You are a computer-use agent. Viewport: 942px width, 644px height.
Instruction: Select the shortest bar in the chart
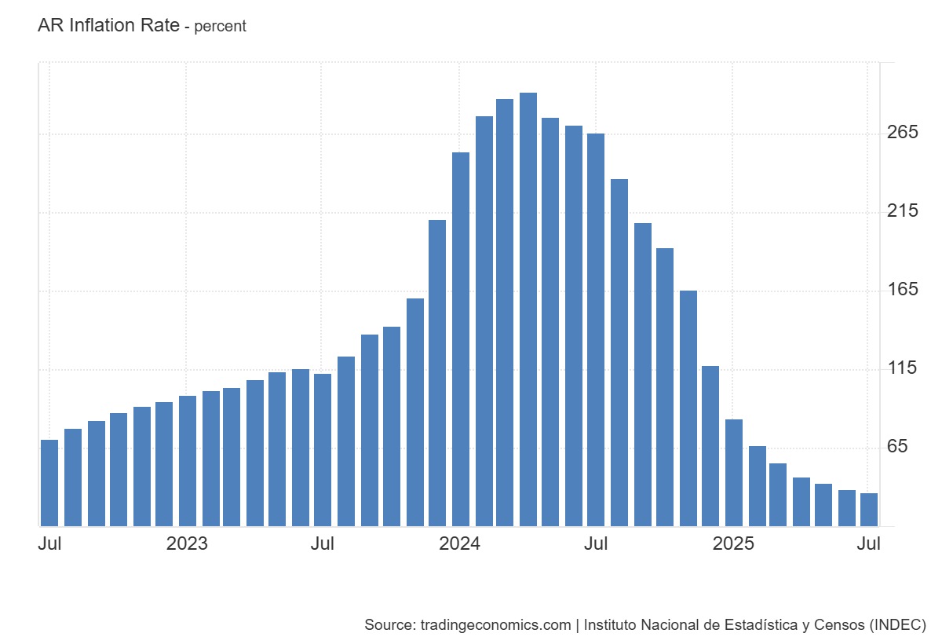click(869, 510)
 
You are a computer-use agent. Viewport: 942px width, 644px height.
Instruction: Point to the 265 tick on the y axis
click(902, 133)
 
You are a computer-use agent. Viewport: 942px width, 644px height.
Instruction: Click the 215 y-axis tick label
click(902, 211)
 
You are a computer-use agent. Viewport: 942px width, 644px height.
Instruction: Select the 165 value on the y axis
click(902, 290)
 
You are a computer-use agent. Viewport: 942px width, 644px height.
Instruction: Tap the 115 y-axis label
click(902, 368)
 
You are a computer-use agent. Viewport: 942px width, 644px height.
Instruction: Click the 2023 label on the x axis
click(187, 543)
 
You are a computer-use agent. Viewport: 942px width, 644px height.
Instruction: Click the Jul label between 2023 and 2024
click(323, 543)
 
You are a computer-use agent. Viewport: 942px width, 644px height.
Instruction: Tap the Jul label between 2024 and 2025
click(596, 543)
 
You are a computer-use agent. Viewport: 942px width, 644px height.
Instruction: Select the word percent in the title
click(221, 27)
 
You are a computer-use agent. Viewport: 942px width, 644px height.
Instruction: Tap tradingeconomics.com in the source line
click(495, 625)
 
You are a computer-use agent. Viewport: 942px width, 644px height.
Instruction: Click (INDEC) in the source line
click(898, 625)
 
